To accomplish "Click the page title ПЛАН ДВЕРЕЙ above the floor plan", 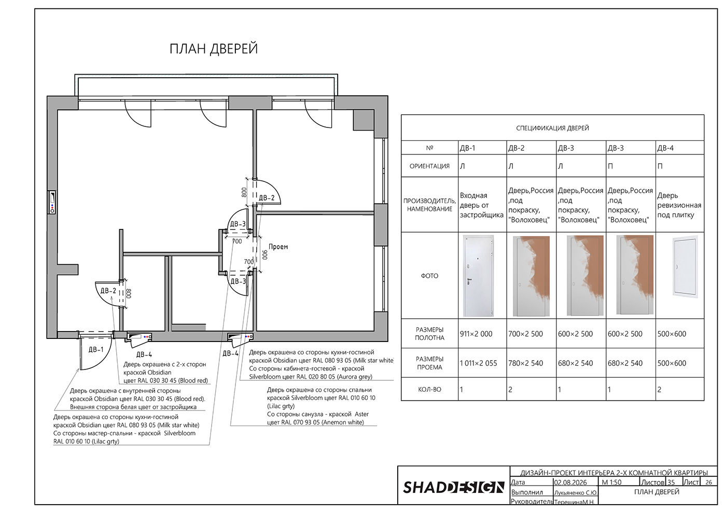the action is click(x=214, y=49).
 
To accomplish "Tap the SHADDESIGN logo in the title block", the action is click(x=454, y=487).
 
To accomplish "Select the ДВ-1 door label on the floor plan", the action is click(x=96, y=349).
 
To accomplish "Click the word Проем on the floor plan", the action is click(x=278, y=247).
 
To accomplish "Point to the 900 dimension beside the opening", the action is click(x=265, y=255).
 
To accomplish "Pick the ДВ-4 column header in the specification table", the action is click(x=665, y=148).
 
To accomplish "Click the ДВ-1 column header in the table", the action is click(x=467, y=148).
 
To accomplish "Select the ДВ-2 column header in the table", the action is click(x=516, y=148).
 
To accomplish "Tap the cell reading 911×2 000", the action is click(x=476, y=334).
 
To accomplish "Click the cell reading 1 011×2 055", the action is click(x=478, y=363).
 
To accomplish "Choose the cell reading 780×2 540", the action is click(x=525, y=363).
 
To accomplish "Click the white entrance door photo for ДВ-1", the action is click(x=478, y=276).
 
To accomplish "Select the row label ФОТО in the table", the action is click(x=429, y=276).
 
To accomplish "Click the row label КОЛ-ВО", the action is click(x=429, y=390).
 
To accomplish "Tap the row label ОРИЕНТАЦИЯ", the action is click(x=429, y=166).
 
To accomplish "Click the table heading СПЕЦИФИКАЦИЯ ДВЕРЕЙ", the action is click(x=553, y=129).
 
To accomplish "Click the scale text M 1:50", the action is click(x=611, y=482).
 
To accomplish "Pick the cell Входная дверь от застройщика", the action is click(x=482, y=205).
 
